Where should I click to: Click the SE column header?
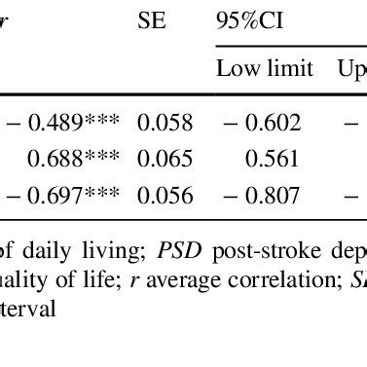[x=152, y=20]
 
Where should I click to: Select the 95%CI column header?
[x=247, y=20]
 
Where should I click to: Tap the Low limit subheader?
[x=265, y=68]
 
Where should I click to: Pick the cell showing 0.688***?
[x=73, y=159]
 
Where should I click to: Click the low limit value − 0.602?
[x=258, y=123]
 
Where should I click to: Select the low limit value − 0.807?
[x=258, y=196]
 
